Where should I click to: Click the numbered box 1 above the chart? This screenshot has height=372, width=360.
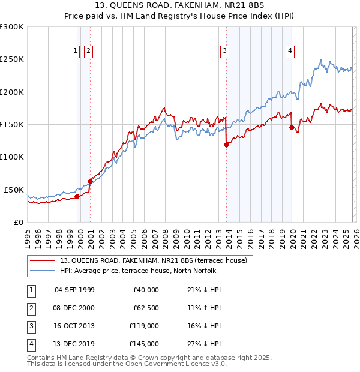pyautogui.click(x=76, y=52)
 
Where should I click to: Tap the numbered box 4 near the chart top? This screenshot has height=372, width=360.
pyautogui.click(x=290, y=52)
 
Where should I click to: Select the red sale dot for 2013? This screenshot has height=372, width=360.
pyautogui.click(x=226, y=145)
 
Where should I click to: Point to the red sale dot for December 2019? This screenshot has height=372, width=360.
pyautogui.click(x=292, y=127)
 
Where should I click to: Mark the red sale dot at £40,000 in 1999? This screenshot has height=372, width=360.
pyautogui.click(x=77, y=196)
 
